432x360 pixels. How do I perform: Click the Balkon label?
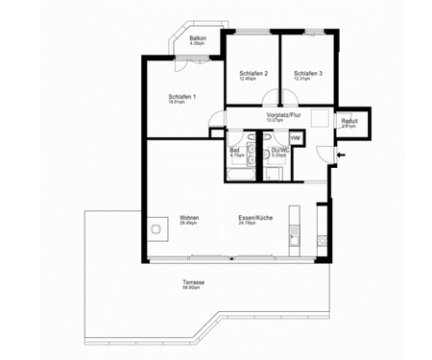coord(198,39)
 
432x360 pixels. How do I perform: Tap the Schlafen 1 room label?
coord(182,96)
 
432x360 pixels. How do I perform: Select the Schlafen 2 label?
coord(253,74)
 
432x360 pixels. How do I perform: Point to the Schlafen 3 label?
coord(308,74)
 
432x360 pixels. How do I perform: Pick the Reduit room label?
coord(348,121)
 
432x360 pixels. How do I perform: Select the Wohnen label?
coord(188,218)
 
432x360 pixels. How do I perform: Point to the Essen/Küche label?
coord(256,218)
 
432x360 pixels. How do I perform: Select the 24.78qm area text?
coord(256,224)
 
